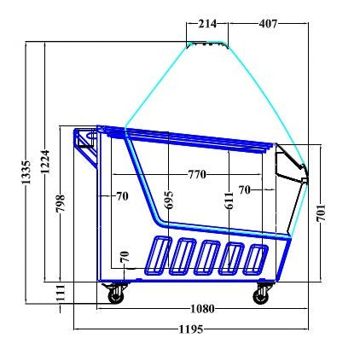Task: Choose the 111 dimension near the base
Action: point(61,292)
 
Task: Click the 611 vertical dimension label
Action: point(229,201)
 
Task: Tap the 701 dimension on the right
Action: point(321,211)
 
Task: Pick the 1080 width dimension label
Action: point(202,308)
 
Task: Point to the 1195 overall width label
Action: point(191,329)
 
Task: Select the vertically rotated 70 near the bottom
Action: point(124,256)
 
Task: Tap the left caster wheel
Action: point(113,294)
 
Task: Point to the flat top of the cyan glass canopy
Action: point(207,43)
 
